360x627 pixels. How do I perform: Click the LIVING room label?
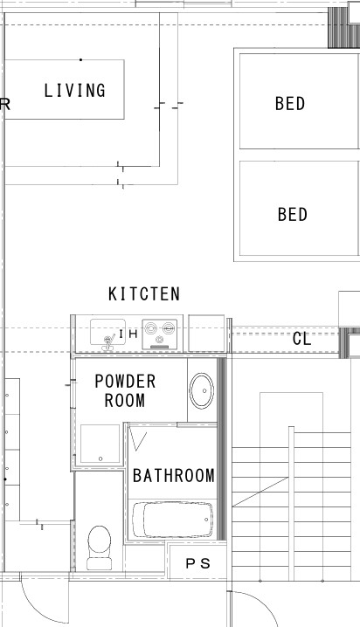pyautogui.click(x=75, y=90)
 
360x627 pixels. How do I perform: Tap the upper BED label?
pyautogui.click(x=290, y=104)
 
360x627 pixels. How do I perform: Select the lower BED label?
pyautogui.click(x=293, y=214)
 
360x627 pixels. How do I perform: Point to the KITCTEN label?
pyautogui.click(x=144, y=294)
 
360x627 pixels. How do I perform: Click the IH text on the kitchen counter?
pyautogui.click(x=128, y=334)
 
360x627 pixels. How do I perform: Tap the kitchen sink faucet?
pyautogui.click(x=108, y=342)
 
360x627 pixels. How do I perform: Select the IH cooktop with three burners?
pyautogui.click(x=160, y=334)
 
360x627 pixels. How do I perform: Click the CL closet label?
pyautogui.click(x=301, y=339)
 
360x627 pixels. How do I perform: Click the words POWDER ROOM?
pyautogui.click(x=125, y=390)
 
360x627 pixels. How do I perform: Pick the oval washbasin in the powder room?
pyautogui.click(x=202, y=390)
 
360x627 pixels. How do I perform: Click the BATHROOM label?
pyautogui.click(x=174, y=476)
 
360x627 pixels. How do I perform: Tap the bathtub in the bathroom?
pyautogui.click(x=172, y=520)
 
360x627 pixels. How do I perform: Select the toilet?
pyautogui.click(x=100, y=548)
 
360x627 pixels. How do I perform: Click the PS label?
pyautogui.click(x=197, y=563)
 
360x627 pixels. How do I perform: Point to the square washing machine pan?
pyautogui.click(x=100, y=444)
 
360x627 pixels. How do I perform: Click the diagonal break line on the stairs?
pyautogui.click(x=260, y=492)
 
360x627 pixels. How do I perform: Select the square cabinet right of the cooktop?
pyautogui.click(x=206, y=334)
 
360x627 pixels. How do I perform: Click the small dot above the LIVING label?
pyautogui.click(x=80, y=60)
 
